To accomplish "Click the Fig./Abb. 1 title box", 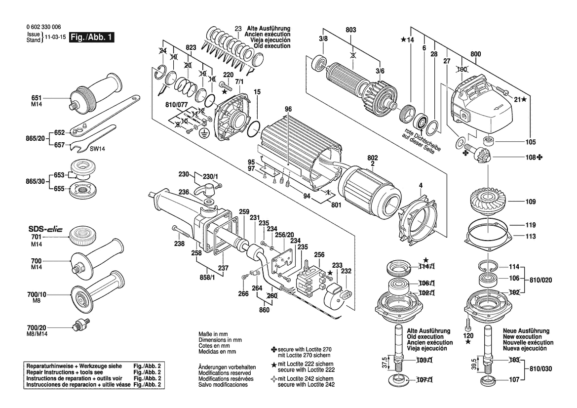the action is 92,37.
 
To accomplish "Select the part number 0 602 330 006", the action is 44,27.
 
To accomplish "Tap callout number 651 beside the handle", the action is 37,98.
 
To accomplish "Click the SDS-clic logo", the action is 45,229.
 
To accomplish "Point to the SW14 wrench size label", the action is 97,149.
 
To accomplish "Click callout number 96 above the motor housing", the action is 288,109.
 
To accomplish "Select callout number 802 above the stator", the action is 373,158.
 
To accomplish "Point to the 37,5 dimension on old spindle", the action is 385,363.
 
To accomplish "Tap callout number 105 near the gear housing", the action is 531,142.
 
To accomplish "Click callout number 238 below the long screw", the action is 179,244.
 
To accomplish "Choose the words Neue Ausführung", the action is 526,330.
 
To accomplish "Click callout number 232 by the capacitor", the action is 346,271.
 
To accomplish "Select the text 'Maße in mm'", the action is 213,334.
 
